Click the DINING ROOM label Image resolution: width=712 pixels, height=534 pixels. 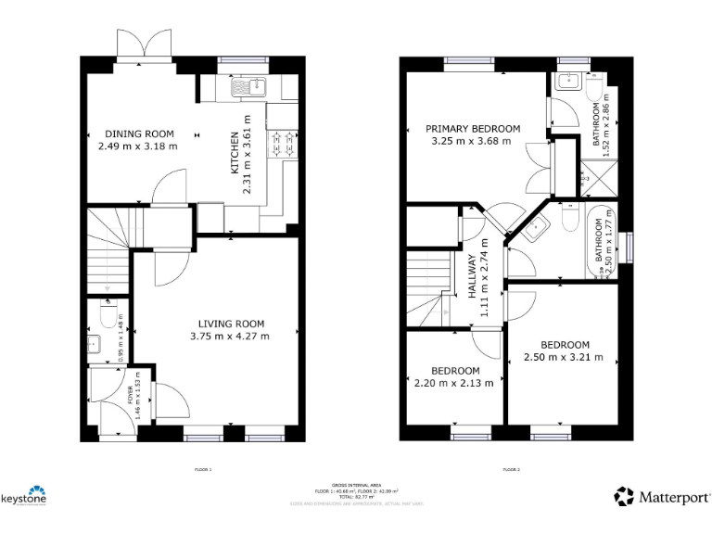point(139,133)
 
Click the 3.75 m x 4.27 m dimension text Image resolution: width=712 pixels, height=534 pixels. point(230,336)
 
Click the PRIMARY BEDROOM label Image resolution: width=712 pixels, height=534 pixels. point(473,128)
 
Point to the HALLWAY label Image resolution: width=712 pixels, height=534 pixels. point(472,275)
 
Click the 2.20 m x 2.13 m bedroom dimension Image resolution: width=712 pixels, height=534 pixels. point(454,383)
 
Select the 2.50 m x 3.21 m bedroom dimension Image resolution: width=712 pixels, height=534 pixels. point(564,356)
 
